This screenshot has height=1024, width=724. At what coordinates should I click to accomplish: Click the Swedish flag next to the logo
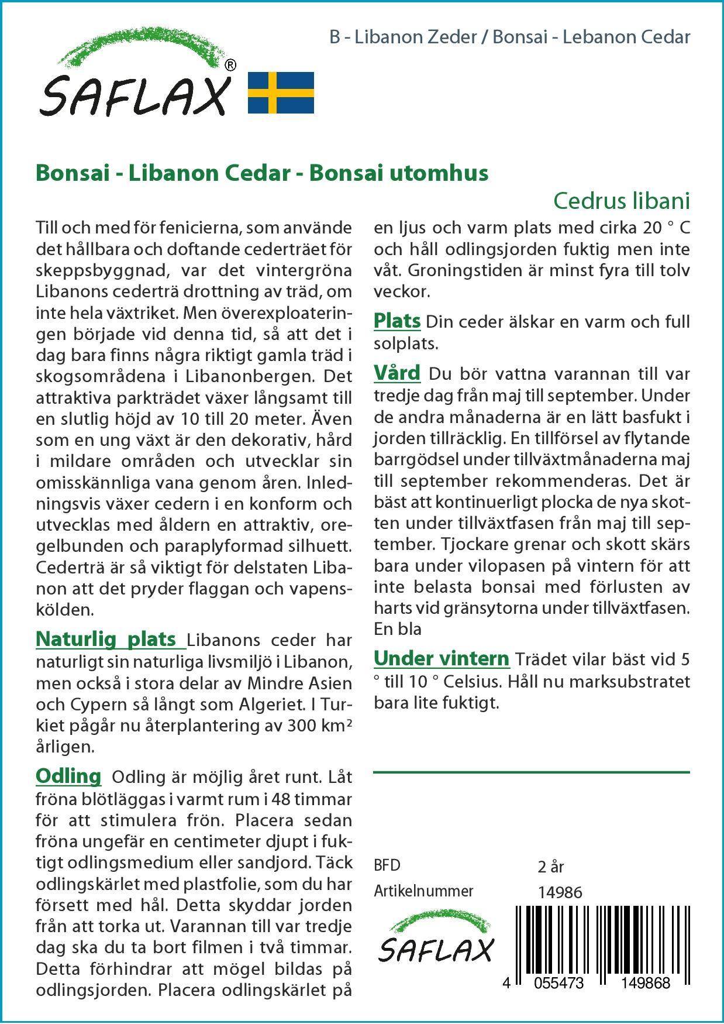(281, 92)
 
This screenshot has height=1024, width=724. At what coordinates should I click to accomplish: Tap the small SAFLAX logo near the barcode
(436, 940)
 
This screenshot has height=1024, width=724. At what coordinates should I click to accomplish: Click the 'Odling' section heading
(68, 776)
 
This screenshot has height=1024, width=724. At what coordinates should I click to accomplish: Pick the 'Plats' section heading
(397, 321)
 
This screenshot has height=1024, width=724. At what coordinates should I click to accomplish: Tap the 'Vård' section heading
(397, 373)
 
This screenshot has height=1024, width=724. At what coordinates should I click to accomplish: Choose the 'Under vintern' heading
(442, 658)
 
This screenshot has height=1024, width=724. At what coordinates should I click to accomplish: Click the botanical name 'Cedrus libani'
(622, 201)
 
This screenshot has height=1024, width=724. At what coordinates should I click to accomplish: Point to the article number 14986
(560, 892)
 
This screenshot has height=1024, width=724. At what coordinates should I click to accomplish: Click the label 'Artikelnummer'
(423, 891)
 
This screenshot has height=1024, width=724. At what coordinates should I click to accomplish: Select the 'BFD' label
(387, 865)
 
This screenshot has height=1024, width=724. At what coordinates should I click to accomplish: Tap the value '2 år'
(550, 866)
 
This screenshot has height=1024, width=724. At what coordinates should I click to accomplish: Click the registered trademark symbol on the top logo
(230, 65)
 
